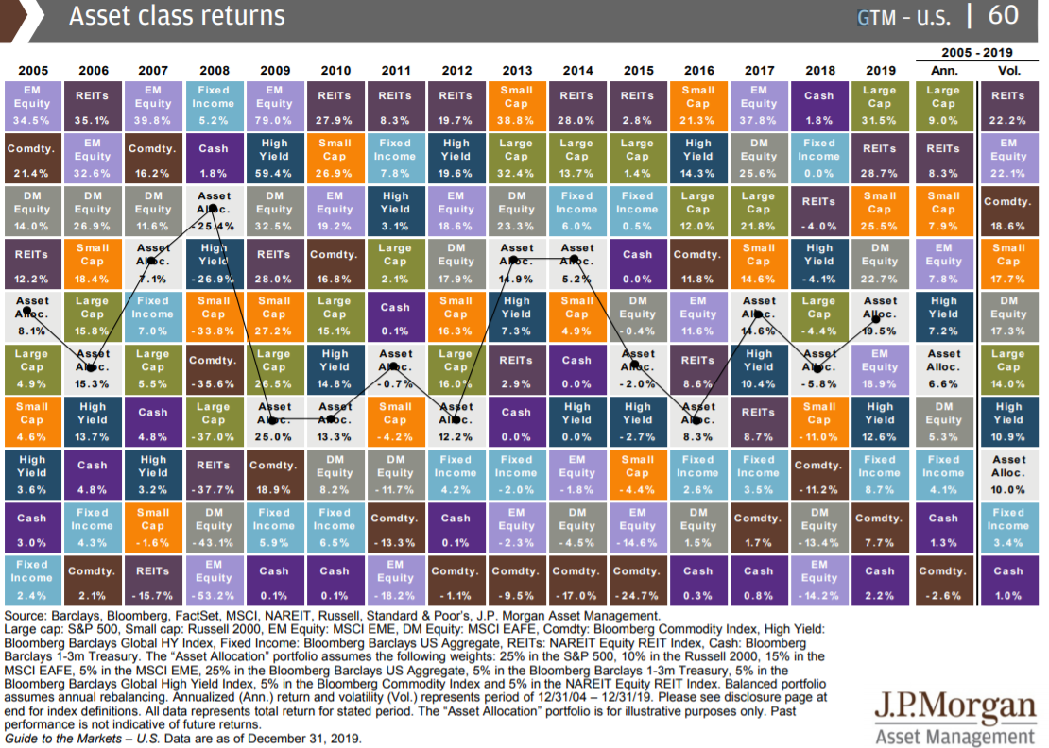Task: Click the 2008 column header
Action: [x=214, y=71]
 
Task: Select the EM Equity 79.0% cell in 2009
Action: [x=274, y=105]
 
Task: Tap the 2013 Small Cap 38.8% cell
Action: [x=516, y=105]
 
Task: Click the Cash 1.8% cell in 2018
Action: [x=818, y=105]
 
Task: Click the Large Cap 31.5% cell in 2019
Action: [x=879, y=105]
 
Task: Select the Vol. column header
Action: [x=1008, y=71]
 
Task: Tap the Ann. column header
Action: [x=943, y=71]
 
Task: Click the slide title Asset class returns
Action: [x=177, y=16]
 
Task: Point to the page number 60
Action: [x=1004, y=16]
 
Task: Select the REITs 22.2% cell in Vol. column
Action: [x=1008, y=105]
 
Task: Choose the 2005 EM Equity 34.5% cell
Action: [x=32, y=105]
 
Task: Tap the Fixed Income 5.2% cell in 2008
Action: [x=214, y=105]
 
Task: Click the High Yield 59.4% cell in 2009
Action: [x=274, y=158]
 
